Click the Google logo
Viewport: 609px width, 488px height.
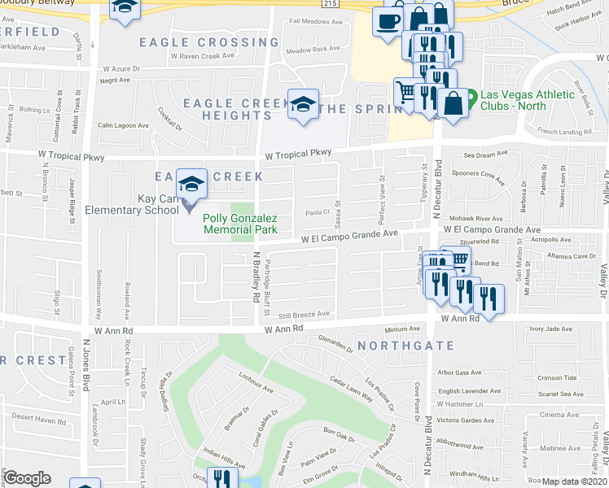click(x=28, y=478)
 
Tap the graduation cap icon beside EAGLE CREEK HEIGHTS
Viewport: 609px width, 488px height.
click(x=303, y=105)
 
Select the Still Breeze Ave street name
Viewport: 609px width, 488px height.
click(x=304, y=314)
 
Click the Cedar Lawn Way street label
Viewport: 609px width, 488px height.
click(x=351, y=389)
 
